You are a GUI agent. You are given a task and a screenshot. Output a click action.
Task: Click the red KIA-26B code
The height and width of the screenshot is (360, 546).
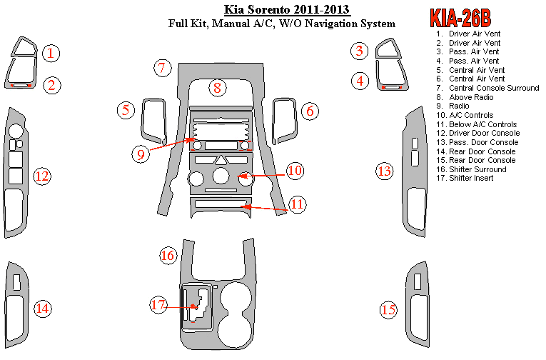[x=460, y=18]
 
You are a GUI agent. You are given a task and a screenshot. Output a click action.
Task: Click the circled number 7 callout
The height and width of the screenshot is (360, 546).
[x=163, y=68]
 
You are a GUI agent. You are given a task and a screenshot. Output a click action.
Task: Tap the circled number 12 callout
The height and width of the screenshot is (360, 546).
[x=42, y=176]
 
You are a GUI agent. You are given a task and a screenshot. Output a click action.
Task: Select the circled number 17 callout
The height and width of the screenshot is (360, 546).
[x=158, y=304]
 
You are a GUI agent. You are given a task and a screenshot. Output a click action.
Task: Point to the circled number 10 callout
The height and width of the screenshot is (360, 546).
[x=295, y=171]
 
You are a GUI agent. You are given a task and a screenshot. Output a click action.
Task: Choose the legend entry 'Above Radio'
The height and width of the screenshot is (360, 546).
[x=471, y=97]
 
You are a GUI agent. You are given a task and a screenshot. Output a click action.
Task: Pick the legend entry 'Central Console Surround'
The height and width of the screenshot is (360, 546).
[x=494, y=88]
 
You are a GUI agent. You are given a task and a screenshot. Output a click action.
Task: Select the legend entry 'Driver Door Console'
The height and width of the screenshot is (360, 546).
[x=484, y=133]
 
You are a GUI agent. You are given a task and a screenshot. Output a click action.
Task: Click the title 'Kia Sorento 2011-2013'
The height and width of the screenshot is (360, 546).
[x=287, y=9]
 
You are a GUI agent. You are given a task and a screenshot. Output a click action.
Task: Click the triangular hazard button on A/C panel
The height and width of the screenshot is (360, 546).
[x=221, y=160]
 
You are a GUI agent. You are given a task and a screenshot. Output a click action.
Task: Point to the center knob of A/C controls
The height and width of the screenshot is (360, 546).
[x=221, y=175]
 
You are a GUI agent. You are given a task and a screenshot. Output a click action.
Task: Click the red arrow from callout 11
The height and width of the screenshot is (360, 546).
[x=264, y=208]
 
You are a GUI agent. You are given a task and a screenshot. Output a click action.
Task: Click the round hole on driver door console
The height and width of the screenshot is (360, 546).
[x=15, y=131]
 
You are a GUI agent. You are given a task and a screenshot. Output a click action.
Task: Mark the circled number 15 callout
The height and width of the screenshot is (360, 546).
[x=388, y=309]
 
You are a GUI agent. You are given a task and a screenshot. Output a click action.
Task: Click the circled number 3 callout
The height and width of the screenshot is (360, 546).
[x=359, y=51]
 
